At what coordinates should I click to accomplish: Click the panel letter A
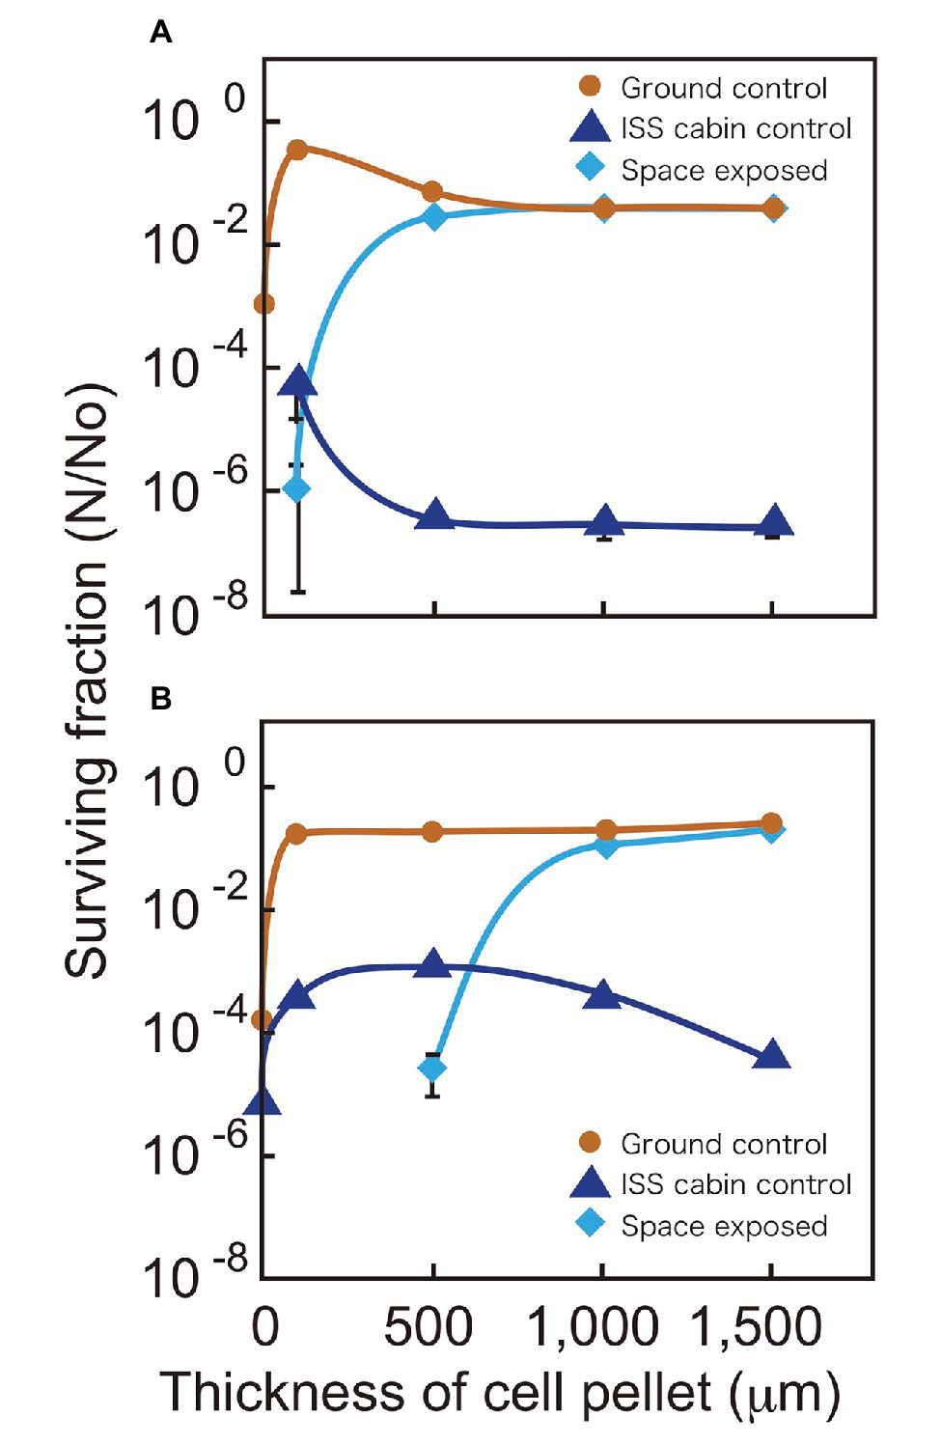point(161,34)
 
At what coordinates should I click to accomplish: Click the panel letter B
point(161,698)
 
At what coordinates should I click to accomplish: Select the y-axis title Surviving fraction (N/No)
point(89,680)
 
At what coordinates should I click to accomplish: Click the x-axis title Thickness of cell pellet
point(500,1394)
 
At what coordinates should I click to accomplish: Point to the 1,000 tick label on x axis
point(594,1327)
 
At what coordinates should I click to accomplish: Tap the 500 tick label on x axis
point(429,1327)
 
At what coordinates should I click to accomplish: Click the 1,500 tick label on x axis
point(758,1327)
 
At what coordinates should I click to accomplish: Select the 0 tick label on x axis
point(264,1327)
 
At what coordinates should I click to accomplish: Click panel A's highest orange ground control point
point(297,150)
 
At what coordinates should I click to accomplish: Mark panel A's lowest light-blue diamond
point(297,488)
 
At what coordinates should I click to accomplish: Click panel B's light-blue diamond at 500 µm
point(433,1069)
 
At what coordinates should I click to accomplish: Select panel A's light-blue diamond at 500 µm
point(435,216)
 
